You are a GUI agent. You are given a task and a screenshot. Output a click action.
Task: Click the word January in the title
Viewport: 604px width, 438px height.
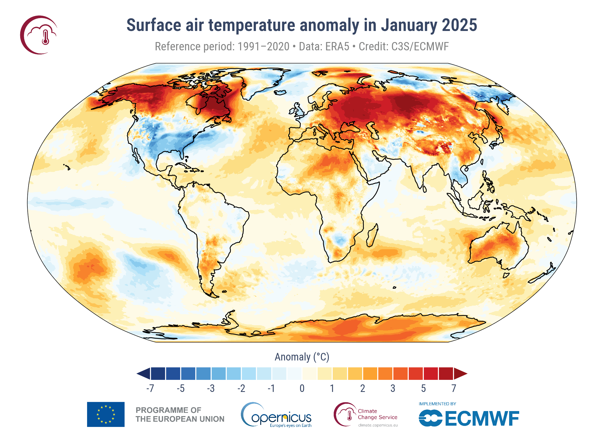point(408,25)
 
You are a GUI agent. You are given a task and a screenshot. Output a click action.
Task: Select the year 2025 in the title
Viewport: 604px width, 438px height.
point(459,25)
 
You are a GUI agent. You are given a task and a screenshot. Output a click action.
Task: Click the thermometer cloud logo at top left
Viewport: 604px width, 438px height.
point(39,35)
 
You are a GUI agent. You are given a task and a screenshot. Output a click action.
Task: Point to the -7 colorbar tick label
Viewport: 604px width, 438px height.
point(150,388)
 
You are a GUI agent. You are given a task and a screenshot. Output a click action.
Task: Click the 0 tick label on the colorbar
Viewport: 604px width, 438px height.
point(302,388)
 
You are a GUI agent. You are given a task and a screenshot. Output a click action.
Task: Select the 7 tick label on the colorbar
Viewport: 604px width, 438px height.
point(454,388)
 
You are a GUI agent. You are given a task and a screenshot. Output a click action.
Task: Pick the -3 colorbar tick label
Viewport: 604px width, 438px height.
point(211,388)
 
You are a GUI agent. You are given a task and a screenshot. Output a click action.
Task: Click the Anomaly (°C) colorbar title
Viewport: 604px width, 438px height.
point(302,357)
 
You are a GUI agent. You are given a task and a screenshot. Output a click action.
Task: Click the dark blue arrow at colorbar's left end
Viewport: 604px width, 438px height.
point(144,374)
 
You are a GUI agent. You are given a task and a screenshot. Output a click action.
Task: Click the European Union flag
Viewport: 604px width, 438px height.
point(106,414)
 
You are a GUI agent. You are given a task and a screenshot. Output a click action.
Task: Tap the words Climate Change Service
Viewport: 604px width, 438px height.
point(377,414)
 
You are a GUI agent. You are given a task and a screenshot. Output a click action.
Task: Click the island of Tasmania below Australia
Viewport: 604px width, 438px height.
point(506,275)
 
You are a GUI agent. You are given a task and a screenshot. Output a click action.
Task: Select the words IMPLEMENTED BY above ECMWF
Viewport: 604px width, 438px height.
point(437,404)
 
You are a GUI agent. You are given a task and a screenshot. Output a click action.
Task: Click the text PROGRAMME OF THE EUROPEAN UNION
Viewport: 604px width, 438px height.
point(180,415)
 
